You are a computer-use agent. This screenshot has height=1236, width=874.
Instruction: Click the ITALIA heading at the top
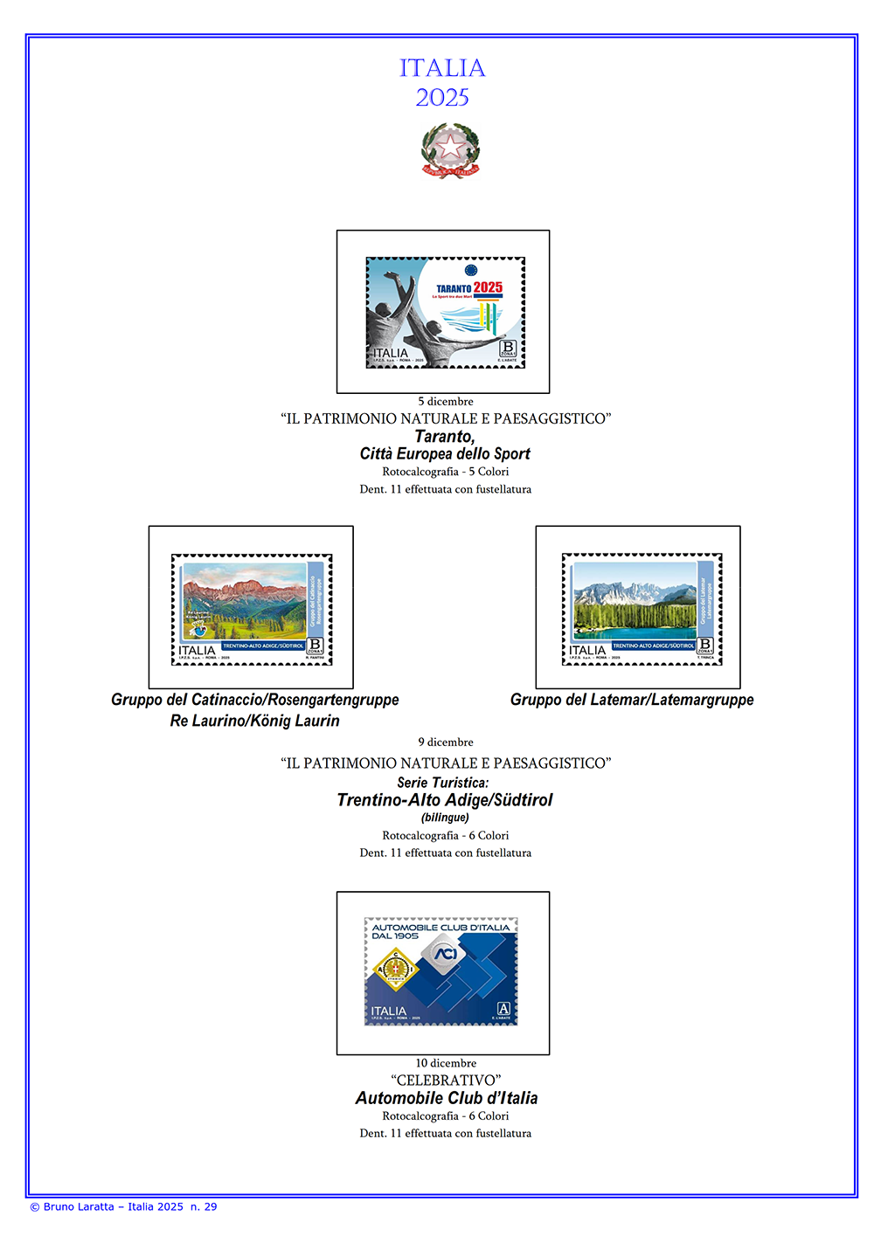[x=442, y=68]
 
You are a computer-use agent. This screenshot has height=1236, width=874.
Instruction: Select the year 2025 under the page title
[x=442, y=98]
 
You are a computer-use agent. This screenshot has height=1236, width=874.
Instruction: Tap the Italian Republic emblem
[x=450, y=150]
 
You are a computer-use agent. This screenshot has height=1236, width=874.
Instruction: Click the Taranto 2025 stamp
[x=445, y=312]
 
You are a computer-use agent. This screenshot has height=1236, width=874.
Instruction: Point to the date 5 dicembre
[x=446, y=402]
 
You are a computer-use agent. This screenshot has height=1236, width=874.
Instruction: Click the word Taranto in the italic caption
[x=445, y=436]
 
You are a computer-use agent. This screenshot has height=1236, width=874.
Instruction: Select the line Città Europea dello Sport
[x=445, y=453]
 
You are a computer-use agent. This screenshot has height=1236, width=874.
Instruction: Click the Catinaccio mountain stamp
[x=252, y=609]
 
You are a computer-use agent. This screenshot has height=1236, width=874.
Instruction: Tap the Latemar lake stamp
[x=642, y=609]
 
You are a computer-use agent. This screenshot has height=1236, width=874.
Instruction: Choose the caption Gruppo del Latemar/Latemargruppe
[x=632, y=700]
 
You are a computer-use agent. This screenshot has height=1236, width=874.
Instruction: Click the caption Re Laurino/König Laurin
[x=254, y=721]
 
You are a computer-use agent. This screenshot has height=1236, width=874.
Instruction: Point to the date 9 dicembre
[x=446, y=742]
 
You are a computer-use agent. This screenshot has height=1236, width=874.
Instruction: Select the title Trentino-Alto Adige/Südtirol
[x=445, y=800]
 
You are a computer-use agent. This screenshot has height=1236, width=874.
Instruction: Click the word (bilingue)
[x=445, y=818]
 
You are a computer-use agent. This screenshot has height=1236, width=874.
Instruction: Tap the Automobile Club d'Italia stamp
[x=441, y=971]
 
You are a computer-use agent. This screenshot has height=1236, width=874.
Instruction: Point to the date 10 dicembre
[x=446, y=1063]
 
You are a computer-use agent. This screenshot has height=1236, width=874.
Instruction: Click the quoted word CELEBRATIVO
[x=446, y=1081]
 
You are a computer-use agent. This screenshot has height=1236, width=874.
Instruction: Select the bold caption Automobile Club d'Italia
[x=447, y=1098]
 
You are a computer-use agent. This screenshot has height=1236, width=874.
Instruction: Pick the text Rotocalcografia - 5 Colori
[x=446, y=472]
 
